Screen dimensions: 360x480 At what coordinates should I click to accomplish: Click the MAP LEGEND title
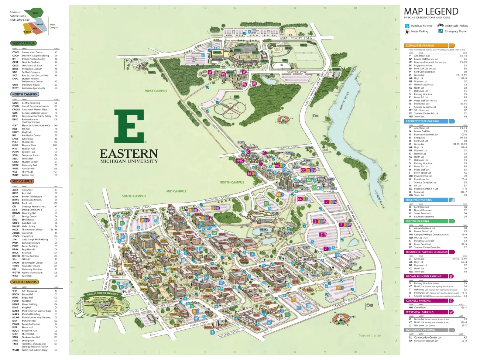point(431,11)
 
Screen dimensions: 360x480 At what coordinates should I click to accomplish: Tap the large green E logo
point(129,126)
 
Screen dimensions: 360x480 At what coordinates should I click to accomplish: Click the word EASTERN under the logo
point(129,154)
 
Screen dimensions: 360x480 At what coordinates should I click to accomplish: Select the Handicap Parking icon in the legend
point(407,26)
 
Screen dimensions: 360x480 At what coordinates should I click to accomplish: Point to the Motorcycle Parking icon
point(440,25)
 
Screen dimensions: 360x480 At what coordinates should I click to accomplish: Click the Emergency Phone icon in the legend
point(440,31)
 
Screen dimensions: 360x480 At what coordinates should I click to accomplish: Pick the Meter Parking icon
point(407,31)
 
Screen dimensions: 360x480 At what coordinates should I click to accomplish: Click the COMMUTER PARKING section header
point(420,46)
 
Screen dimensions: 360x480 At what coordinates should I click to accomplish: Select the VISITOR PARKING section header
point(418,222)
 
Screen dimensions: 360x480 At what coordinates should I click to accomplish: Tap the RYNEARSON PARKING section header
point(420,330)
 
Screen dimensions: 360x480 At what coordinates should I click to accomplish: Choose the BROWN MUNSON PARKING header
point(424,276)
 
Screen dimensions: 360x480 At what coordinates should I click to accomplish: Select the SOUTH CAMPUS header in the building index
point(24,282)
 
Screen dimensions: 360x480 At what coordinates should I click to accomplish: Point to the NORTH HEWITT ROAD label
point(295,38)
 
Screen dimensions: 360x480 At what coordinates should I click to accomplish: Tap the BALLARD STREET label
point(230,334)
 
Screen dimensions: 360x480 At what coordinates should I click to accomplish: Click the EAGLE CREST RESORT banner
point(102,294)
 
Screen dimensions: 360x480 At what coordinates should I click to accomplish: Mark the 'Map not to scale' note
point(369,336)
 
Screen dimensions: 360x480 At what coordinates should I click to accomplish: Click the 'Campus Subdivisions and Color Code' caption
point(20,16)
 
